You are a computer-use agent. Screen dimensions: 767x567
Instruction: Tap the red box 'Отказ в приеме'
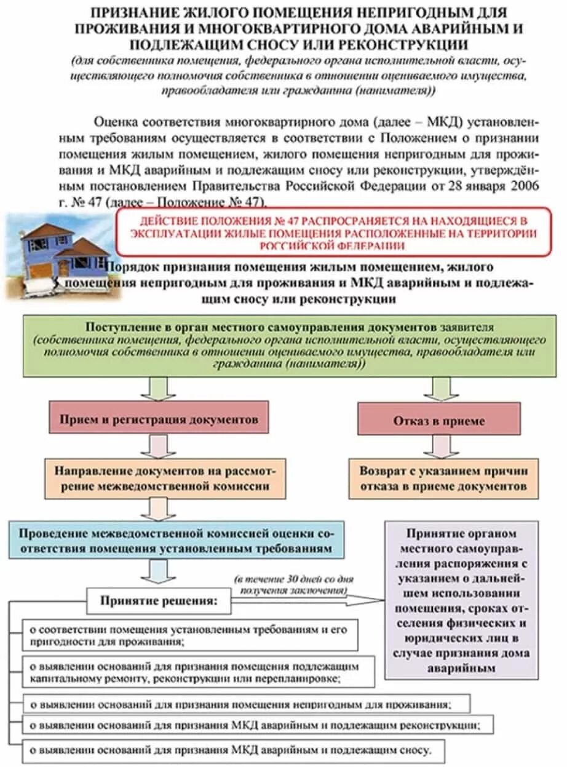point(438,421)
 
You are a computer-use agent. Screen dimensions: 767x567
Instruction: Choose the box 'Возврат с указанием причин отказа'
point(443,478)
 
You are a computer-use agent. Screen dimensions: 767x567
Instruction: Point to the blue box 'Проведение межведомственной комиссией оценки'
point(176,540)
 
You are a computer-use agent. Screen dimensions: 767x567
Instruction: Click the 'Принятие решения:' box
point(159,600)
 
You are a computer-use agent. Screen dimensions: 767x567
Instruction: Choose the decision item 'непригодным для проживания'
point(246,704)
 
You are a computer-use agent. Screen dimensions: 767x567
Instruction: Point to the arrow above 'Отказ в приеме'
point(442,389)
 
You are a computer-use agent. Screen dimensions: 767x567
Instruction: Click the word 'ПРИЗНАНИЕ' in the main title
point(133,13)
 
